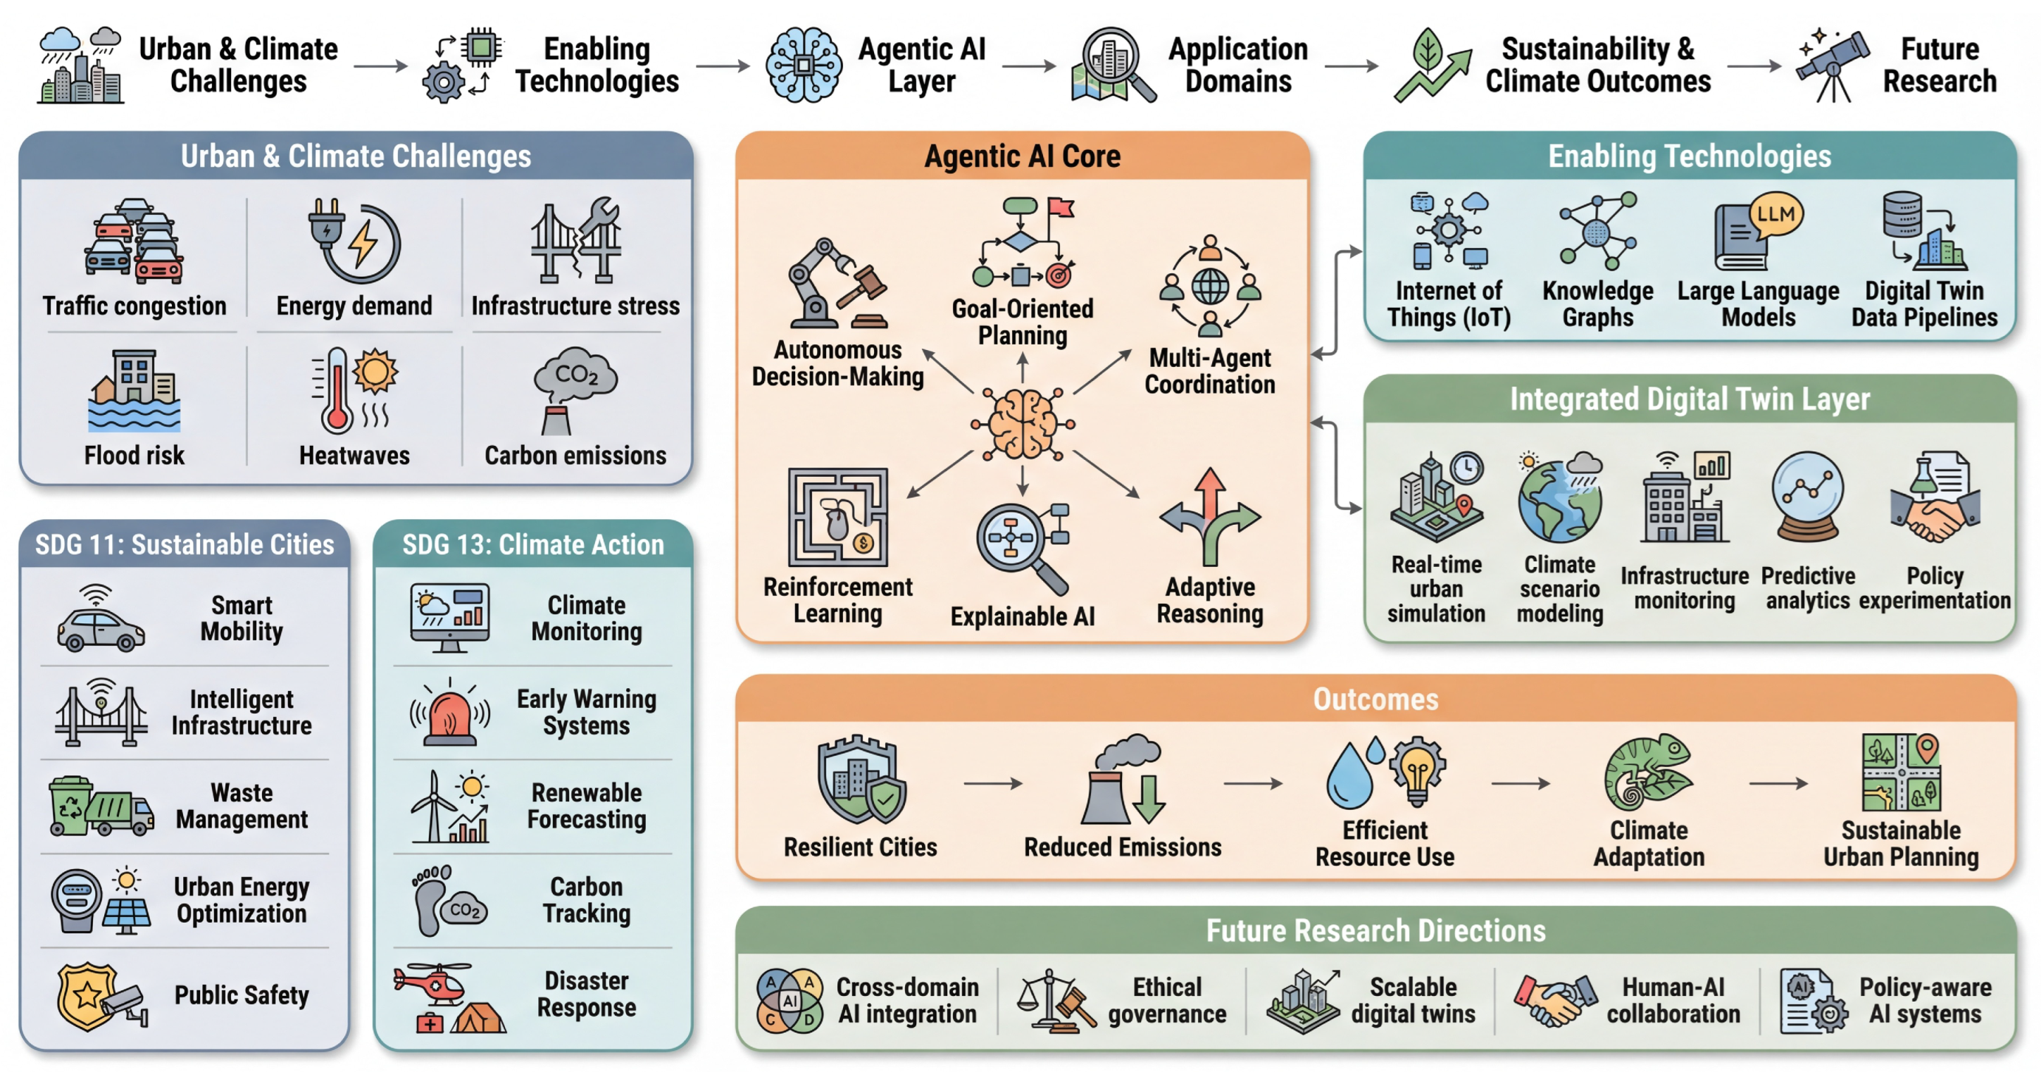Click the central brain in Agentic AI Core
(x=1023, y=425)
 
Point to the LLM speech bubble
(x=1775, y=214)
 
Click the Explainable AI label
(x=1022, y=616)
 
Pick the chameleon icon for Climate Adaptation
(x=1647, y=772)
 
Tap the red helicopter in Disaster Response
(x=432, y=982)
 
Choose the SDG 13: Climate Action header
(x=532, y=545)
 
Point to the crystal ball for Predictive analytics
(x=1807, y=495)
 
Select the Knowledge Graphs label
(x=1597, y=304)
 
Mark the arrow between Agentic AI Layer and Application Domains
(x=1028, y=66)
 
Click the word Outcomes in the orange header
(x=1375, y=699)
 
